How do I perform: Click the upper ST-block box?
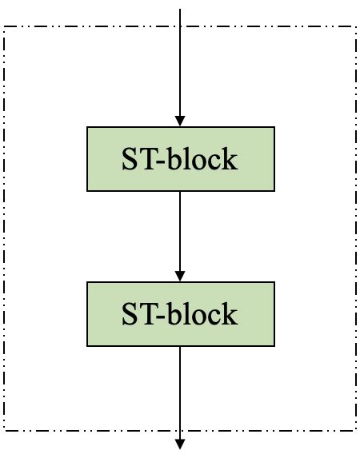[x=180, y=158]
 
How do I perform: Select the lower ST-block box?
[x=180, y=313]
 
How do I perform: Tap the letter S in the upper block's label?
[x=130, y=159]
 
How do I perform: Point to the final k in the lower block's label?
[x=230, y=314]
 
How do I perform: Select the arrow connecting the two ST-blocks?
[x=180, y=232]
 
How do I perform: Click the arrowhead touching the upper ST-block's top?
[x=180, y=120]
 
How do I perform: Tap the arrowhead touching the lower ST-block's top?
[x=180, y=275]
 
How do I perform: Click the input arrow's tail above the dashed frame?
[x=180, y=11]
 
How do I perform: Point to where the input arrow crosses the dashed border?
[x=180, y=28]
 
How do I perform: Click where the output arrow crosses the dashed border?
[x=180, y=429]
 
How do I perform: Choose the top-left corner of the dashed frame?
[x=6, y=28]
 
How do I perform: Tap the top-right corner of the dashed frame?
[x=355, y=28]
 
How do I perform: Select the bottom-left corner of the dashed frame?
[x=6, y=429]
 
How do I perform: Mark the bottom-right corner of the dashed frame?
[x=355, y=429]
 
